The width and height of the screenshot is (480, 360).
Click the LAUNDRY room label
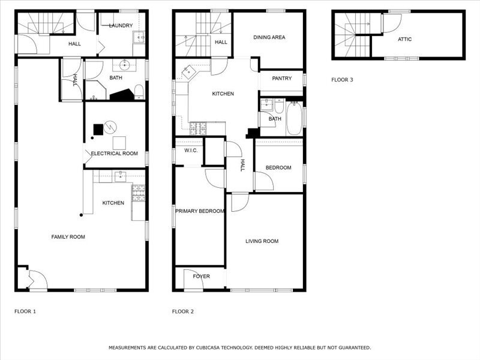pos(120,25)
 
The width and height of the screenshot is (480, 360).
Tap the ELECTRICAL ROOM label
pos(114,154)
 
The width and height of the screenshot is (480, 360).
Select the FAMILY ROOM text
pos(68,237)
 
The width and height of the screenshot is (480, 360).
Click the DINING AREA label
pos(269,37)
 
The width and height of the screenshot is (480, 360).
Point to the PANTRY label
pos(281,79)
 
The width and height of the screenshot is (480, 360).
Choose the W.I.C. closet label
pos(191,150)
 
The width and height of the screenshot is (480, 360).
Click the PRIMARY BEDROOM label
pos(200,211)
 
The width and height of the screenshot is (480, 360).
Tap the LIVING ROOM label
pos(262,241)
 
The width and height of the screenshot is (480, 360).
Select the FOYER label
pos(201,277)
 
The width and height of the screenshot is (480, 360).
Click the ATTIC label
pos(405,40)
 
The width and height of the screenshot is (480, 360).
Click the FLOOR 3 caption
pos(342,79)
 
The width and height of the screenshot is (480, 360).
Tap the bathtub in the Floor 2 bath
pos(295,118)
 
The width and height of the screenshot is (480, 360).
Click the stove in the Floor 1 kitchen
pos(139,192)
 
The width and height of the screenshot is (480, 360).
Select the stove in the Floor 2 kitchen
pos(198,127)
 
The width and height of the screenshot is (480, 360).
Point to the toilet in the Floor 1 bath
pos(139,92)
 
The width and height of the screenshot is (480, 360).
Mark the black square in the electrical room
pos(98,128)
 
